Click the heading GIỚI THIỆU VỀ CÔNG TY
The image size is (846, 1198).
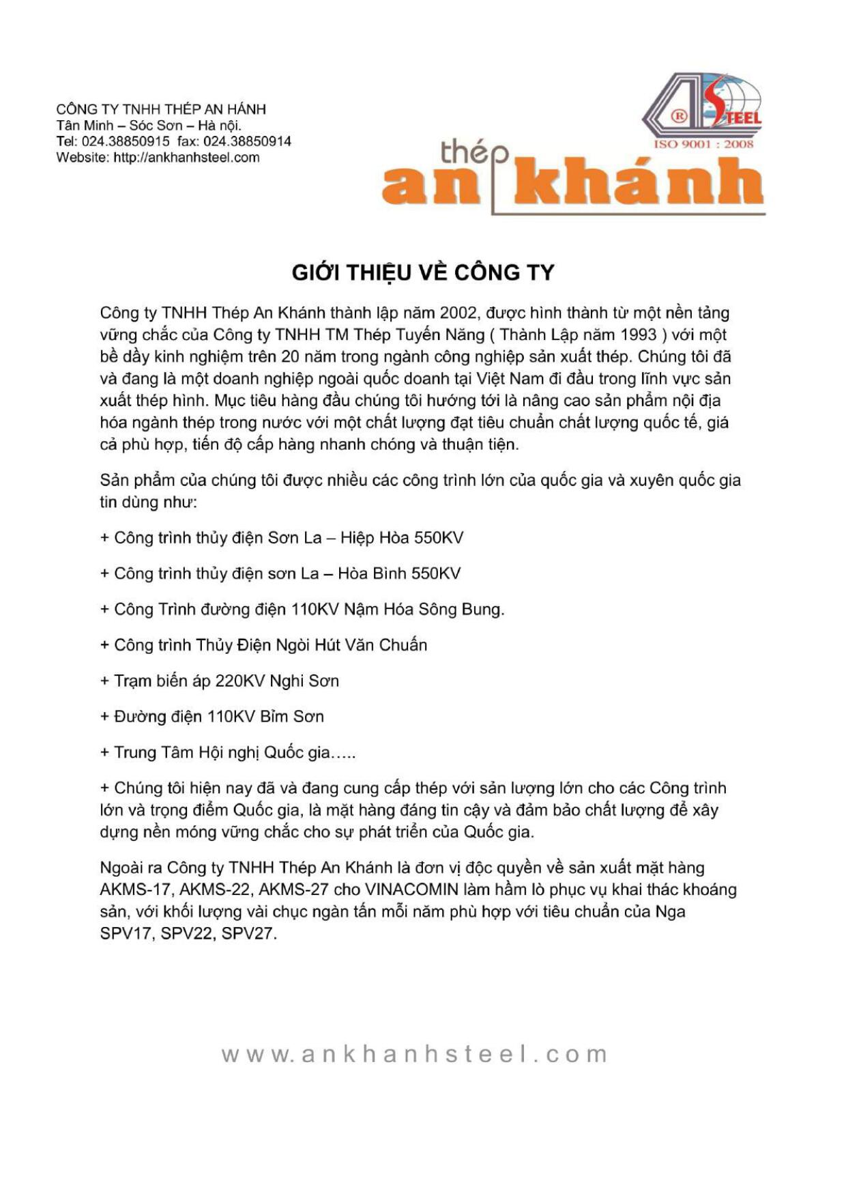coord(422,272)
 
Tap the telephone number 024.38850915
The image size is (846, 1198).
coord(126,141)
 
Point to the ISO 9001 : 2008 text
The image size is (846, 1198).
coord(703,144)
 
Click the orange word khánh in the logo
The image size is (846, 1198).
coord(638,182)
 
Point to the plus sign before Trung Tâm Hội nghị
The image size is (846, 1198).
coord(105,753)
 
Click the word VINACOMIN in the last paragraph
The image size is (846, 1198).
coord(411,889)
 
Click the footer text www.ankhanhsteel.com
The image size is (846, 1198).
coord(414,1054)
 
